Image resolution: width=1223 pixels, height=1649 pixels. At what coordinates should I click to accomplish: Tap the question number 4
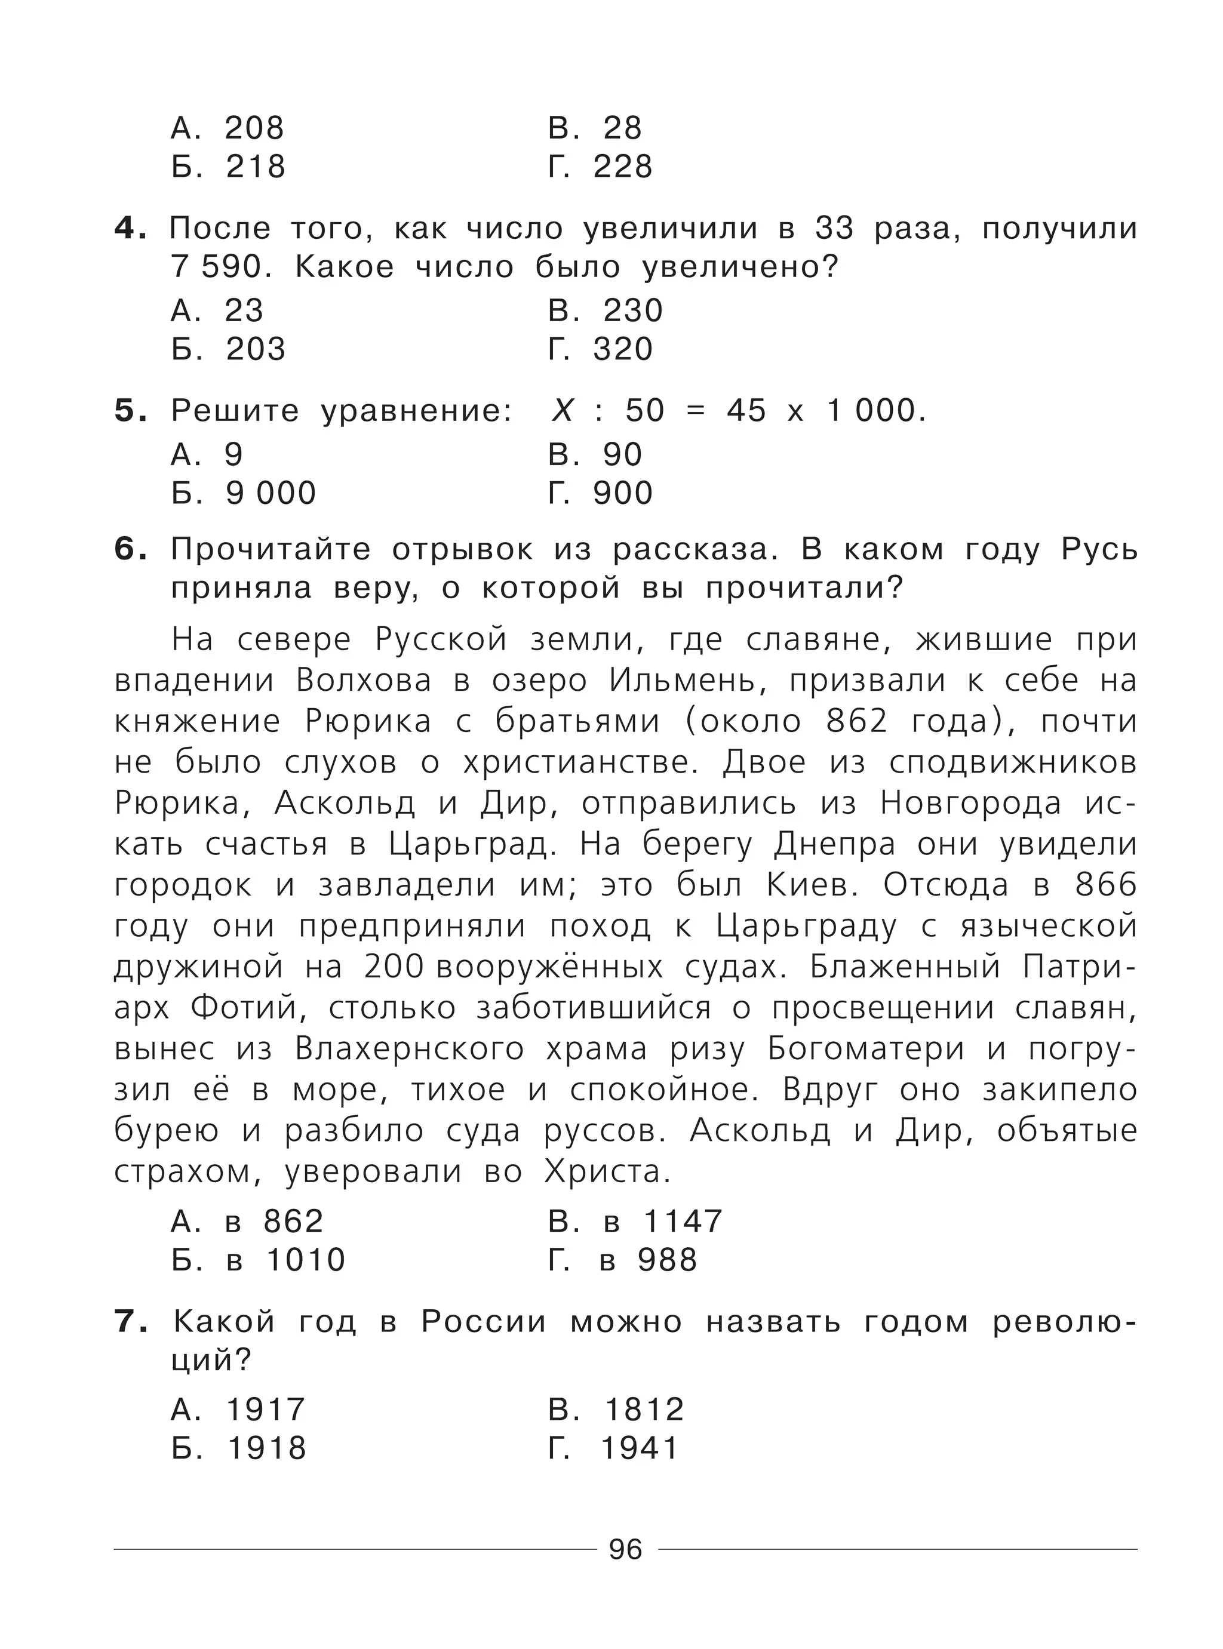point(130,229)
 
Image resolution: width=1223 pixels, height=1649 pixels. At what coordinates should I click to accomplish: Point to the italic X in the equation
point(562,411)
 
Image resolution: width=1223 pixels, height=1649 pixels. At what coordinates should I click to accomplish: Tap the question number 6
point(130,550)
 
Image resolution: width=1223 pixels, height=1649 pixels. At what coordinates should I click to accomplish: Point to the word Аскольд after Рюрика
point(345,804)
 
